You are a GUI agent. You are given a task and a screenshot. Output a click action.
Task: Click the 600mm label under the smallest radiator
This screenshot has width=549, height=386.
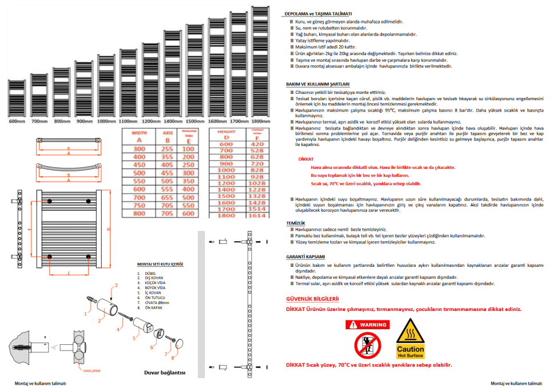(x=17, y=121)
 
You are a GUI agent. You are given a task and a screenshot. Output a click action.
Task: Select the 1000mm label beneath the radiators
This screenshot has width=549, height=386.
(x=106, y=121)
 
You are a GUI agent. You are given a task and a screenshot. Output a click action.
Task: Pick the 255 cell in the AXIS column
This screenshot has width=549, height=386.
(x=168, y=148)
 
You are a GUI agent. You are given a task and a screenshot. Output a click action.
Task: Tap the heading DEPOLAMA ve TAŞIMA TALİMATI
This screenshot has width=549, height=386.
(x=318, y=13)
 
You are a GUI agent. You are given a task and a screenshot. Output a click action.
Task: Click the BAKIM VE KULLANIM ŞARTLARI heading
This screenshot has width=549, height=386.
(x=317, y=84)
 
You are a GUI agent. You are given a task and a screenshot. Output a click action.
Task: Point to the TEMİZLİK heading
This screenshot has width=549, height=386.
(x=296, y=222)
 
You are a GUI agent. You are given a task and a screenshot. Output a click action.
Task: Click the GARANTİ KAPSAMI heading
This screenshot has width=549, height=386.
(x=305, y=257)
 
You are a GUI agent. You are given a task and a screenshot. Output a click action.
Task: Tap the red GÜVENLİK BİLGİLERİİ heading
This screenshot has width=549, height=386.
(x=312, y=299)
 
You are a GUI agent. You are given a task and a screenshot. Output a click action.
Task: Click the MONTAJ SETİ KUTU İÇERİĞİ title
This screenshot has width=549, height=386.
(x=160, y=264)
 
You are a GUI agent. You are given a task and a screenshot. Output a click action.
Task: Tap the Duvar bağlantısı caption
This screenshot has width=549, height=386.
(x=165, y=372)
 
